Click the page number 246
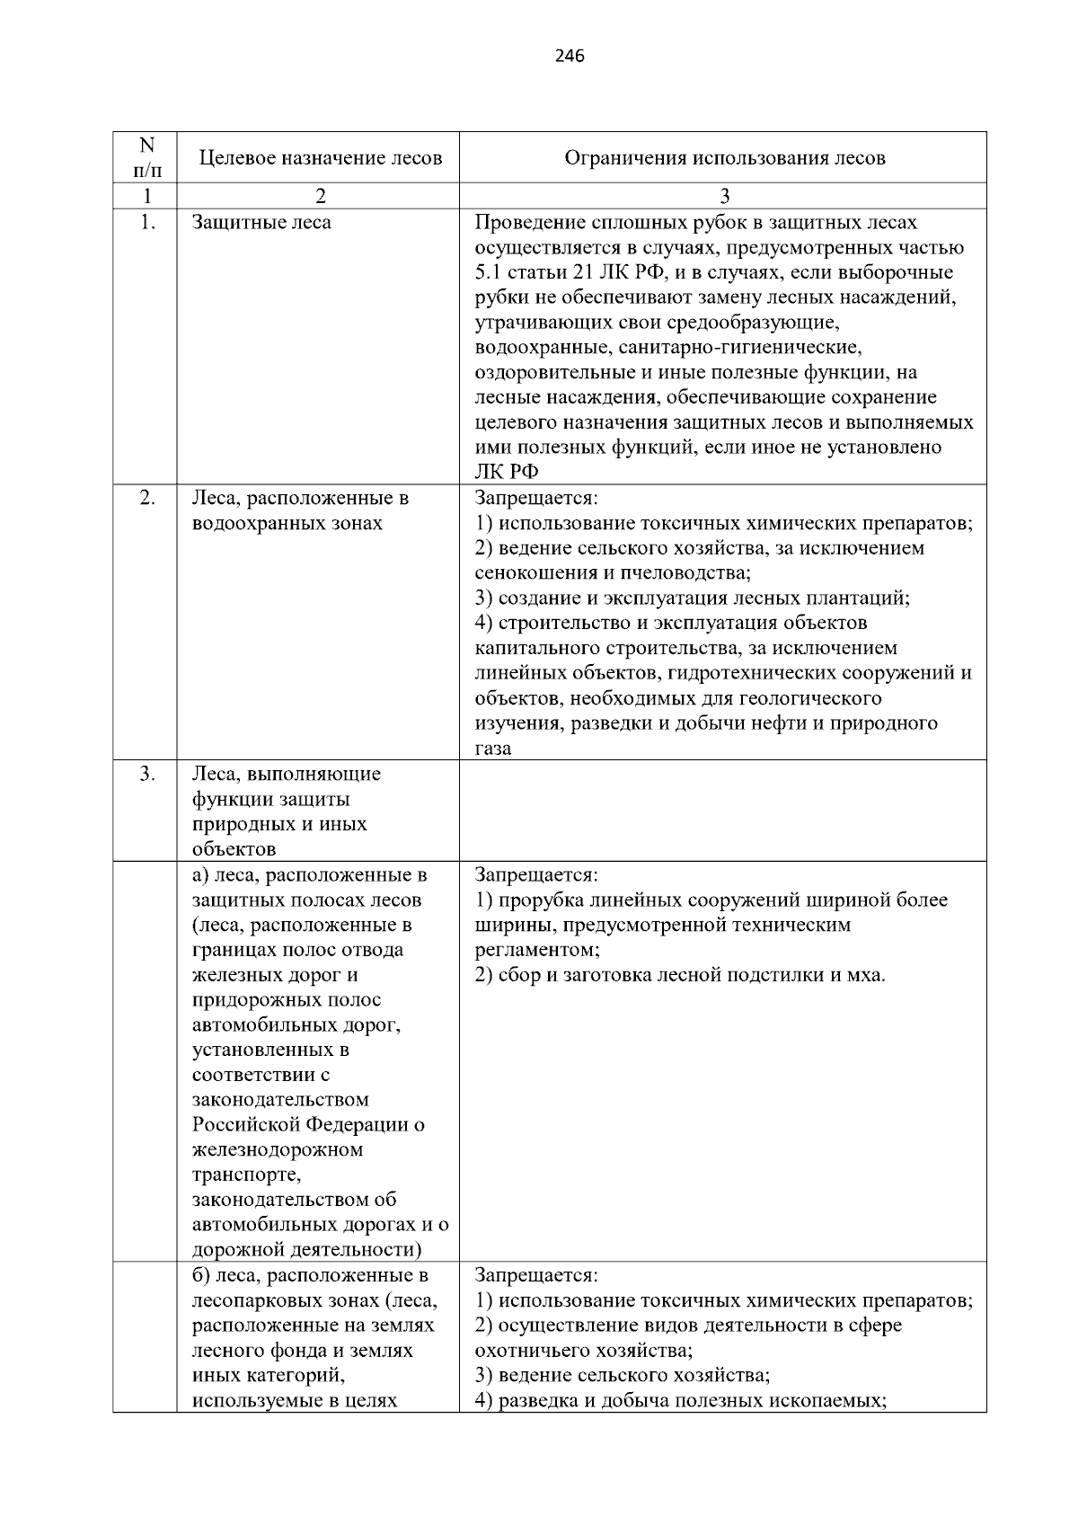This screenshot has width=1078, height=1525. coord(570,57)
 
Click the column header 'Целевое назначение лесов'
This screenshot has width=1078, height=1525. coord(320,158)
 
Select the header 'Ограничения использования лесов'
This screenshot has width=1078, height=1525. coord(724,158)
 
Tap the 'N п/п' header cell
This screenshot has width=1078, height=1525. coord(146,157)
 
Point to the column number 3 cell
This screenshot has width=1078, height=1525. coord(724,196)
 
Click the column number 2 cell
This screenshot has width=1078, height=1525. coord(320,196)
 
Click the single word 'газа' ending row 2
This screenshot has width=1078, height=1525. coord(493,749)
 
